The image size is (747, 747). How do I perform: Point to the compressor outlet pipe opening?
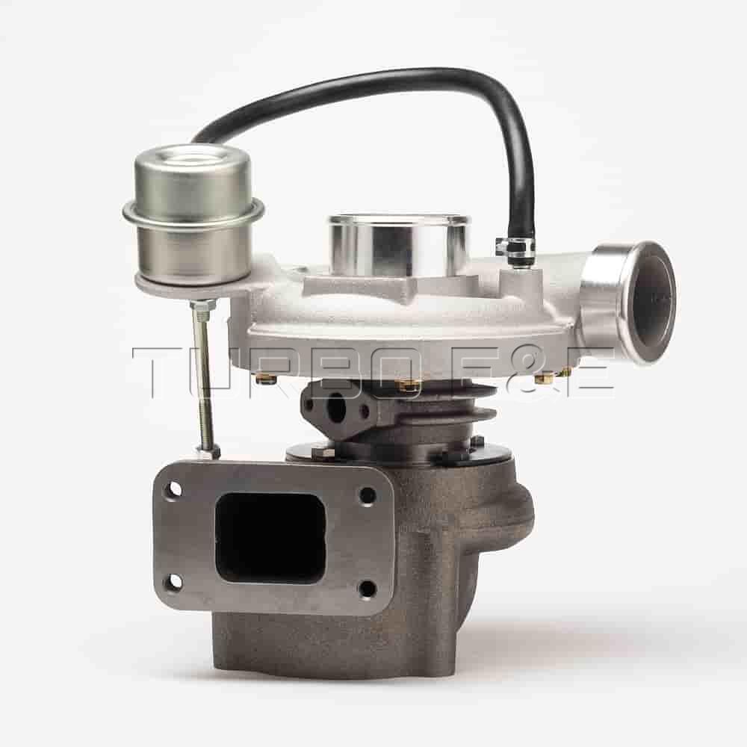652,303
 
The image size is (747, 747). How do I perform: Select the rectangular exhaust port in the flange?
271,538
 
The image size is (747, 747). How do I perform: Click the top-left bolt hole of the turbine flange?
175,489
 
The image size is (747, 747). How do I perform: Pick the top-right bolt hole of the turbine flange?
368,496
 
